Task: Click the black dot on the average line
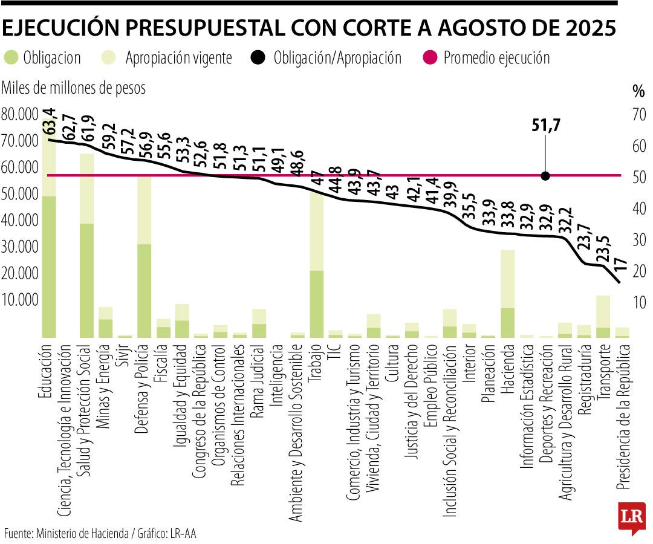pos(545,176)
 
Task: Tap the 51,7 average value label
pos(545,125)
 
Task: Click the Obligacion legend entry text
pos(52,58)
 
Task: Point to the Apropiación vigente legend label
pos(178,58)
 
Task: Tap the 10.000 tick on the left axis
pos(19,300)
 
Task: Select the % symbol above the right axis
pos(638,91)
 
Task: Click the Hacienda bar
pos(508,293)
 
